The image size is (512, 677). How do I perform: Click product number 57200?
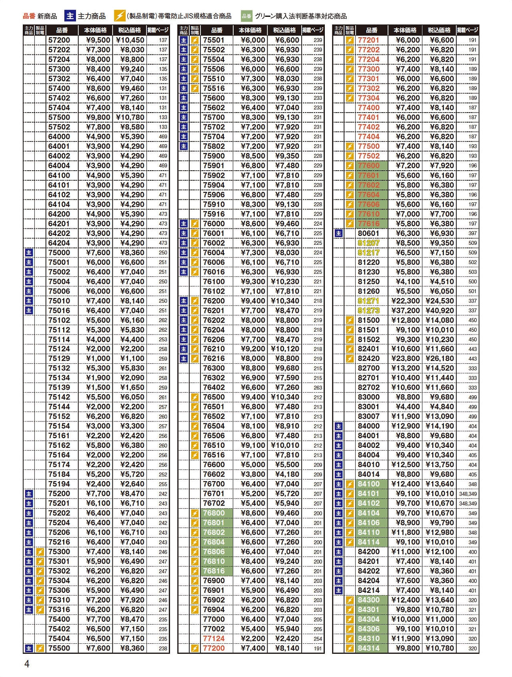pyautogui.click(x=59, y=40)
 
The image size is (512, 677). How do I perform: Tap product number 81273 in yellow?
pyautogui.click(x=368, y=310)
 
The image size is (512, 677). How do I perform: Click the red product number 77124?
pyautogui.click(x=214, y=639)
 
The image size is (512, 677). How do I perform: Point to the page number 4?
pyautogui.click(x=27, y=664)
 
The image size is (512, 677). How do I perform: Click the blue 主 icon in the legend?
pyautogui.click(x=70, y=16)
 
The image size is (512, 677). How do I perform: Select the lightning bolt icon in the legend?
pyautogui.click(x=120, y=16)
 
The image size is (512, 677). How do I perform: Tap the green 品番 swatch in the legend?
pyautogui.click(x=246, y=16)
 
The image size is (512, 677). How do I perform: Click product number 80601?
pyautogui.click(x=368, y=233)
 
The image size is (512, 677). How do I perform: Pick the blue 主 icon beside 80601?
pyautogui.click(x=339, y=233)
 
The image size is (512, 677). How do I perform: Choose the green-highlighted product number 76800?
pyautogui.click(x=214, y=513)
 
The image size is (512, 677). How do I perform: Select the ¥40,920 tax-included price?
pyautogui.click(x=440, y=310)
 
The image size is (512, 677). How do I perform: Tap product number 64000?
pyautogui.click(x=59, y=137)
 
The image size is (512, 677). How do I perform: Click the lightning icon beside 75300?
pyautogui.click(x=40, y=552)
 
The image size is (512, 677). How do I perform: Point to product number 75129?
pyautogui.click(x=59, y=359)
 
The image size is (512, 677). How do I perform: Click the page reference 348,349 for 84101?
pyautogui.click(x=468, y=494)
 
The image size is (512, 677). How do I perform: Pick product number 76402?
pyautogui.click(x=214, y=387)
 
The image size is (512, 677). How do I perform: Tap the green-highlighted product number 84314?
pyautogui.click(x=368, y=648)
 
